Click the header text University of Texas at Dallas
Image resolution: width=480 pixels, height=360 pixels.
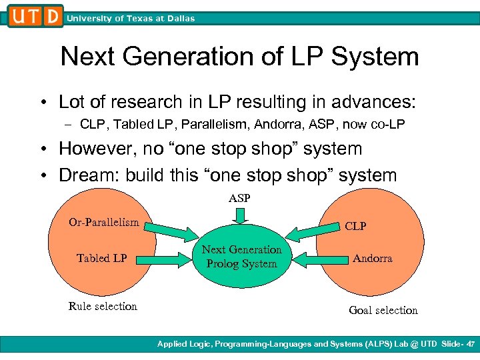click(x=131, y=19)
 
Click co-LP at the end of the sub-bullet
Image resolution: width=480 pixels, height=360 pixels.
click(x=388, y=124)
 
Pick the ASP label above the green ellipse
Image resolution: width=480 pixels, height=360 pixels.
click(x=240, y=198)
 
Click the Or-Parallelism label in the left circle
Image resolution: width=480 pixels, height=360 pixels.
click(x=104, y=222)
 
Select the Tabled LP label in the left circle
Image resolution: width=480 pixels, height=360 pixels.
click(x=102, y=258)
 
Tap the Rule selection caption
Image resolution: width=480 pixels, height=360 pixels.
click(x=103, y=306)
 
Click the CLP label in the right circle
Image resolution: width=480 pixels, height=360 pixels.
click(x=355, y=226)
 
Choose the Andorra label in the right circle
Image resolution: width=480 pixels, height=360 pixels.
click(x=372, y=258)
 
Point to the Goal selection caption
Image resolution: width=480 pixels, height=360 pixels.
click(x=383, y=310)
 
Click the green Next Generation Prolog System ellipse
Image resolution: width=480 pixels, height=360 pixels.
click(x=241, y=257)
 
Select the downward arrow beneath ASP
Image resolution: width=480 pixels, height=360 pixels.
click(x=240, y=215)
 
